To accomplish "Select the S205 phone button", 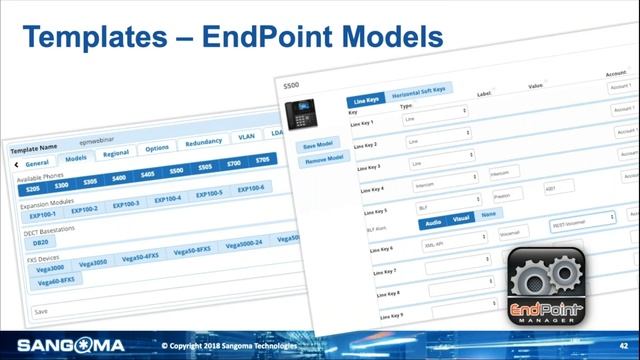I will (33, 187).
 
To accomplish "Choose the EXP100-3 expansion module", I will (126, 204).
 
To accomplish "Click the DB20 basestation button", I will (41, 241).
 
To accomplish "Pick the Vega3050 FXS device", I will (92, 263).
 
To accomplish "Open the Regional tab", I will (115, 153).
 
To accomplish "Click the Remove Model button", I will (323, 159).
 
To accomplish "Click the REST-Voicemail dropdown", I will (582, 217).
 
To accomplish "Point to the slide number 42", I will (622, 345).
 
